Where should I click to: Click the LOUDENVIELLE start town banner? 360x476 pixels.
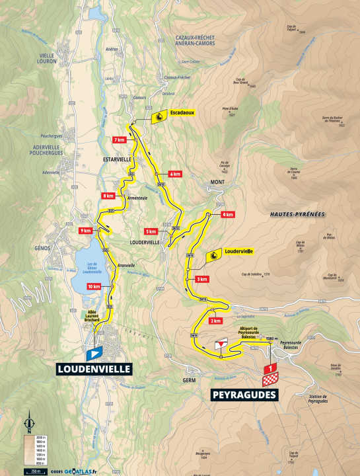pyautogui.click(x=94, y=369)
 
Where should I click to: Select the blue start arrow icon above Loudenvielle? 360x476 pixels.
pyautogui.click(x=94, y=354)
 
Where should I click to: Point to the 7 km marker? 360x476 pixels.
pyautogui.click(x=120, y=140)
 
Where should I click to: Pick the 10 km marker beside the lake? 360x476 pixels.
pyautogui.click(x=94, y=286)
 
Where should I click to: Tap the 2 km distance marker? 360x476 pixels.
pyautogui.click(x=215, y=321)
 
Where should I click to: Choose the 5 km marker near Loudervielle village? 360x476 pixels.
pyautogui.click(x=151, y=231)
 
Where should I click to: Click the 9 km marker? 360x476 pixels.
pyautogui.click(x=85, y=231)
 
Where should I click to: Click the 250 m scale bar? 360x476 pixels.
pyautogui.click(x=31, y=471)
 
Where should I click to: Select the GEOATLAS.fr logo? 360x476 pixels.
pyautogui.click(x=78, y=471)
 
